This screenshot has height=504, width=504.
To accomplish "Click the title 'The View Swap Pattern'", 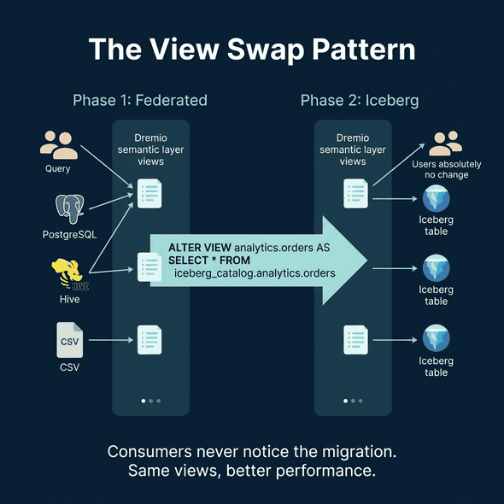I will click(x=252, y=49).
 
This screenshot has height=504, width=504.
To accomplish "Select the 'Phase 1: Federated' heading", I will click(x=140, y=100).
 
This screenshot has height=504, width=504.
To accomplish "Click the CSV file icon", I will click(x=69, y=340).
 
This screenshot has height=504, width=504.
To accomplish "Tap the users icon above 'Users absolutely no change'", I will click(x=446, y=142).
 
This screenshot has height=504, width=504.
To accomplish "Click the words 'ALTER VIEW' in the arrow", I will click(x=199, y=247).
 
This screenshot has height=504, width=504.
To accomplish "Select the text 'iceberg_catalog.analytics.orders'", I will click(x=254, y=273).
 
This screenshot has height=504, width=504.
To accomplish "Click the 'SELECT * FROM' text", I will click(x=203, y=260).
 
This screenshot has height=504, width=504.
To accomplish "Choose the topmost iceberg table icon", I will click(x=437, y=199).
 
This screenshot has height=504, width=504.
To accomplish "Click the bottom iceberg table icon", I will click(x=437, y=339).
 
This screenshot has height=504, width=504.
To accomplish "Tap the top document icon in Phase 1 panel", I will click(x=149, y=193).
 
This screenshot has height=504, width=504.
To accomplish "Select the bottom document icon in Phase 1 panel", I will click(x=149, y=340).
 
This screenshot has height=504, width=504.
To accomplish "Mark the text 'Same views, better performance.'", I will click(x=252, y=471).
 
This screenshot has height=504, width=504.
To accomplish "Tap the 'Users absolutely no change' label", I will click(x=446, y=169).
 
